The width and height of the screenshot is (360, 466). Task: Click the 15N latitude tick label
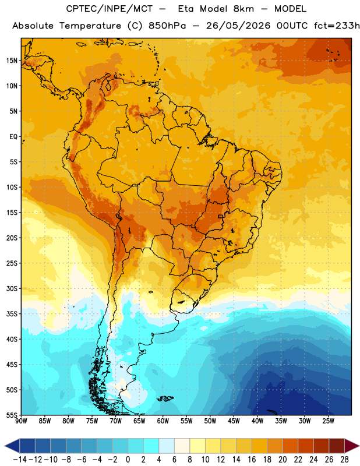[12, 61]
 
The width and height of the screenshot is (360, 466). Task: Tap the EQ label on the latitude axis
[13, 137]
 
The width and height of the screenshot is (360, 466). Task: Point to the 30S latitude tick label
[12, 288]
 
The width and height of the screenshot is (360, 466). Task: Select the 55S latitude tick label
[12, 415]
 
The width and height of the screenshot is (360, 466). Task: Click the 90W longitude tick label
[21, 421]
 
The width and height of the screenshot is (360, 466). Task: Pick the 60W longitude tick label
[163, 421]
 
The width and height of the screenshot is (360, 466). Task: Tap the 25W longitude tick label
[328, 421]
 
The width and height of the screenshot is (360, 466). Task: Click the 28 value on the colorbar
[344, 460]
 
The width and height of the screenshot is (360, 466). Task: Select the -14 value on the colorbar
[20, 460]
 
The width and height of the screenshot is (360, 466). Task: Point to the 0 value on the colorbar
[128, 460]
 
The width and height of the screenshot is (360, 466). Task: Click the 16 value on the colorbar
[252, 460]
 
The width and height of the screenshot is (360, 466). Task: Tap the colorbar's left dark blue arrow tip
[5, 446]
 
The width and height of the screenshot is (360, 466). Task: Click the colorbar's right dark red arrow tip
[359, 446]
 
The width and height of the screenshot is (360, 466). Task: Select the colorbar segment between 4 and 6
[167, 446]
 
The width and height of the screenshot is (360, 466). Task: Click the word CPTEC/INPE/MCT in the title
[110, 9]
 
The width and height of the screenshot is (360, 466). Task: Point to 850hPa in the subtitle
[167, 26]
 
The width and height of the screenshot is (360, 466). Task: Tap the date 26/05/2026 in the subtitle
[238, 26]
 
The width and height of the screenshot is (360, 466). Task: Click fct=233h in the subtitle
[337, 26]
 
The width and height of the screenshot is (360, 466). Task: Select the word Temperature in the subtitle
[90, 26]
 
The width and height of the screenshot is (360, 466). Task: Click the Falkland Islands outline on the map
[165, 398]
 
